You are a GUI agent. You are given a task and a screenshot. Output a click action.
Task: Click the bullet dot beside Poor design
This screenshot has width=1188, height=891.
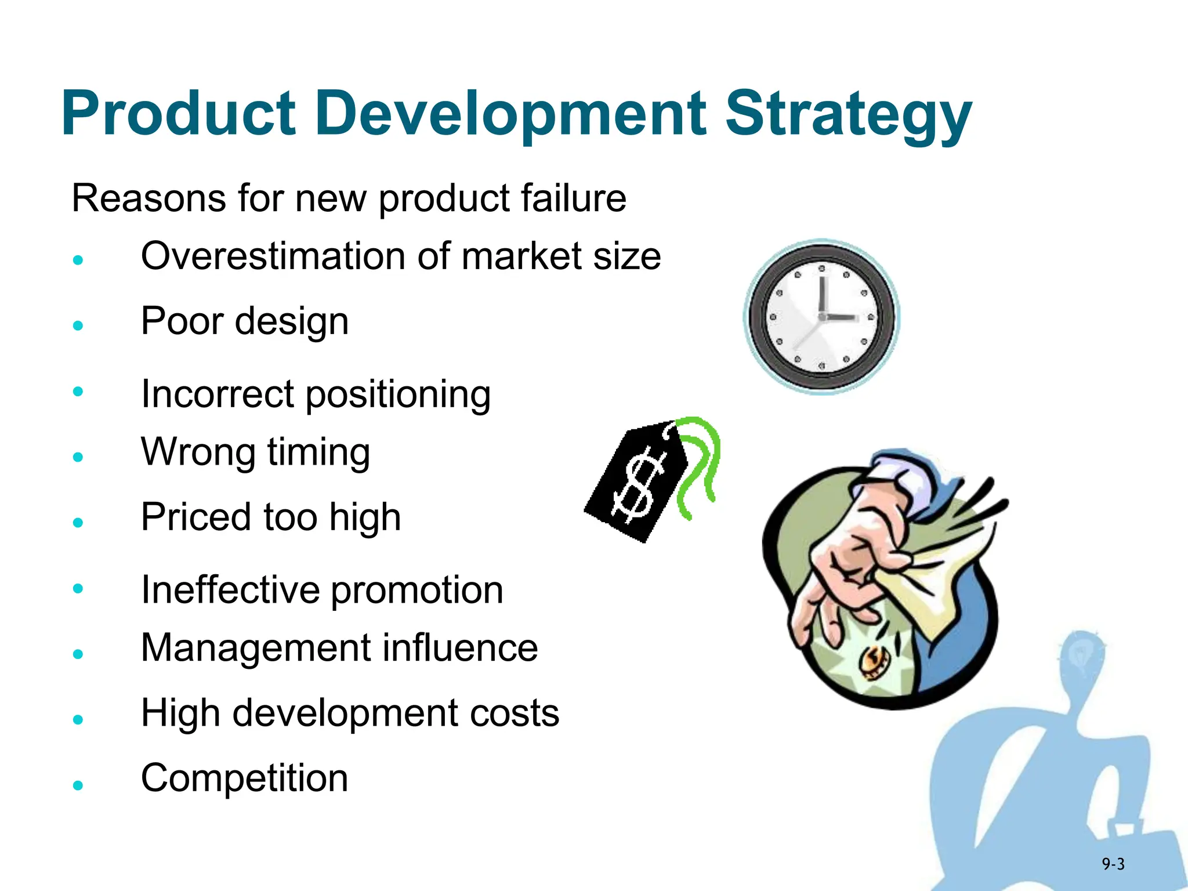point(78,325)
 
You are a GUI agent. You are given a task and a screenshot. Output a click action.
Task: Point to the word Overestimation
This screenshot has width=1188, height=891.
point(273,256)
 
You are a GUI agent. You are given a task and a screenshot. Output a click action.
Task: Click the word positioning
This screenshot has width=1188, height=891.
point(398,394)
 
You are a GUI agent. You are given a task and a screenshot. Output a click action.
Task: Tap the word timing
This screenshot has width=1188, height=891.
point(318,452)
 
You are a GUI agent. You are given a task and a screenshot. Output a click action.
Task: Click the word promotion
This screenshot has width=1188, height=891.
point(417,590)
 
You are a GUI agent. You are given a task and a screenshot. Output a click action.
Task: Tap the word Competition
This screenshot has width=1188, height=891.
point(244,778)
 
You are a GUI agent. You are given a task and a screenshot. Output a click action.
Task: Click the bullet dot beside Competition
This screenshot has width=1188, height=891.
point(78,785)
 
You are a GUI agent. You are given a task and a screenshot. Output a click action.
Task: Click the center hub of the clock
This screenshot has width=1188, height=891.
point(822,317)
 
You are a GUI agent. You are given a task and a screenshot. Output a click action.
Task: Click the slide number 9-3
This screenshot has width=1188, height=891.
point(1113,865)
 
